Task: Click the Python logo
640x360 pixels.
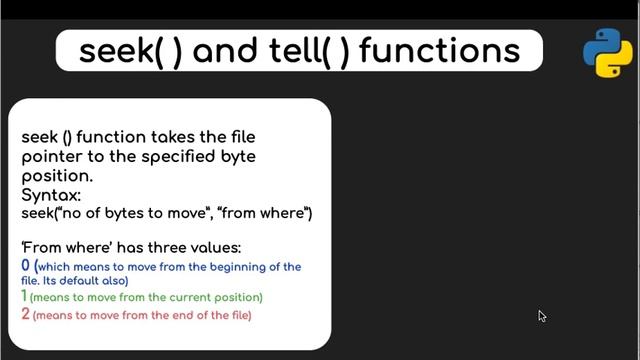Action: pyautogui.click(x=608, y=53)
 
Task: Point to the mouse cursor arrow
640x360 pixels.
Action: pyautogui.click(x=542, y=316)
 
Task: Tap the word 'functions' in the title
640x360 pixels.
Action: pyautogui.click(x=440, y=51)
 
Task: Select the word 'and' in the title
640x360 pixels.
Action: pyautogui.click(x=225, y=51)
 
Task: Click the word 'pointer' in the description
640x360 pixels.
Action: pyautogui.click(x=49, y=156)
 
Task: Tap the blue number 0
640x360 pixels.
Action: pyautogui.click(x=26, y=266)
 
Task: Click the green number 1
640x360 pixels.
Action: pyautogui.click(x=25, y=297)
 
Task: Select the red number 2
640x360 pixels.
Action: pyautogui.click(x=26, y=314)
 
